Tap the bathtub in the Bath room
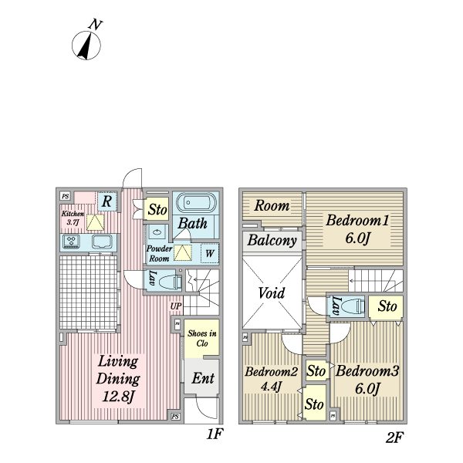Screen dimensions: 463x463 [x=197, y=204]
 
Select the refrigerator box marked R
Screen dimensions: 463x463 [x=107, y=202]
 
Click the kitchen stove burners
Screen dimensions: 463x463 [x=72, y=242]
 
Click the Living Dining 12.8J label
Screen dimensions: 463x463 [x=117, y=379]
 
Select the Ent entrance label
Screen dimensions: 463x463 [x=202, y=378]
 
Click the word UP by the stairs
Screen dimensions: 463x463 [x=177, y=306]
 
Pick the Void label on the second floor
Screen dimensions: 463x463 [x=272, y=292]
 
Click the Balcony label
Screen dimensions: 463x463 [x=272, y=241]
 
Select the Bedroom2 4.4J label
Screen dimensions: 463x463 [x=272, y=379]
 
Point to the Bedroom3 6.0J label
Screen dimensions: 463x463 [x=367, y=379]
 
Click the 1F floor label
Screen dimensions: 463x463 [x=214, y=435]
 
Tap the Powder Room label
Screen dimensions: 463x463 [x=160, y=253]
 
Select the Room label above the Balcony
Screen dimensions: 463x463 [x=272, y=206]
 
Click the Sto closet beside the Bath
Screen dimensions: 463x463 [x=157, y=209]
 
